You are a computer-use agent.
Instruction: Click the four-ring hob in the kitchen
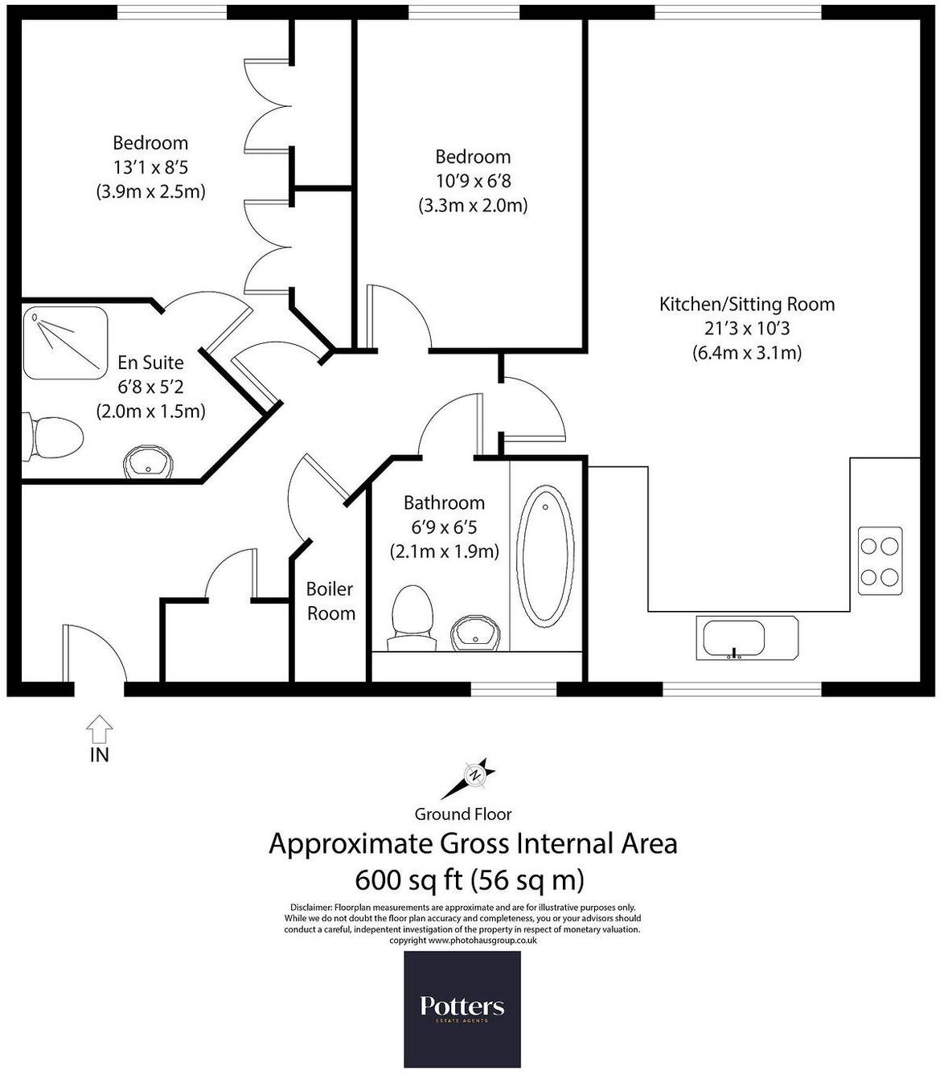(879, 560)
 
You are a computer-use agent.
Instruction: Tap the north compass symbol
(475, 775)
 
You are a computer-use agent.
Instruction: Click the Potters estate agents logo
(462, 1009)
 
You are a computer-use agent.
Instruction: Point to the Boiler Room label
(330, 601)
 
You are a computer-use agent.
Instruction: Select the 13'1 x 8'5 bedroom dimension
(150, 167)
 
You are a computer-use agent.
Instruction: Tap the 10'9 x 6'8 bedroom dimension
(473, 181)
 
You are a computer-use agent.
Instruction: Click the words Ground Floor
(463, 814)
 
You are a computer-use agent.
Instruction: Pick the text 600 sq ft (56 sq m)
(470, 880)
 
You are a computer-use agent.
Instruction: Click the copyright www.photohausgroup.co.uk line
(463, 940)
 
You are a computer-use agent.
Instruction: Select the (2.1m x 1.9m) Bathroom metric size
(444, 551)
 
